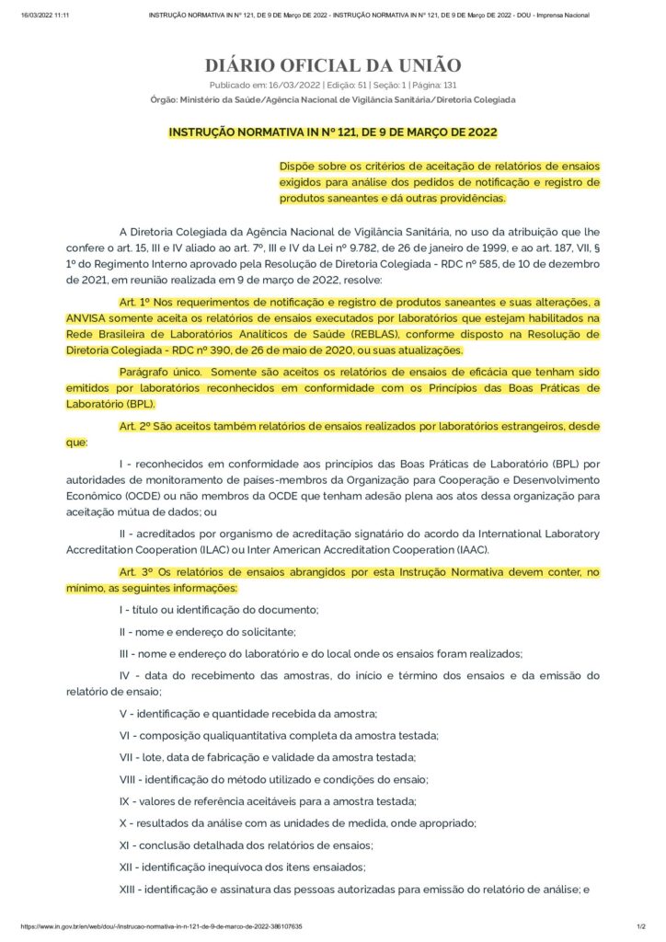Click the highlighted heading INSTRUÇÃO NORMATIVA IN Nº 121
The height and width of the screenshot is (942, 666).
[x=332, y=132]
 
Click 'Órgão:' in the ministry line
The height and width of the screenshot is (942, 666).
[x=164, y=99]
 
